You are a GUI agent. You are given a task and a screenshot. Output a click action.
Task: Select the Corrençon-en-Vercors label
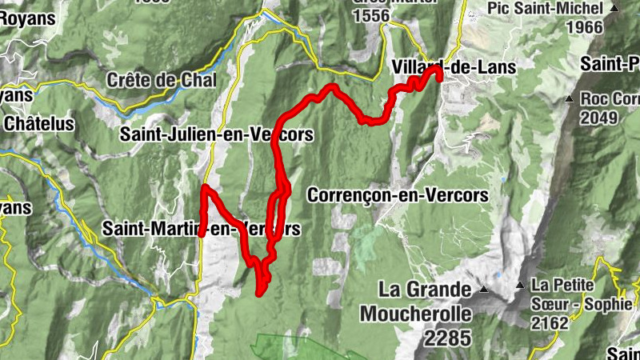click(398, 194)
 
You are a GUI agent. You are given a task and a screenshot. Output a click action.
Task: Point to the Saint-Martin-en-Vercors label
click(202, 230)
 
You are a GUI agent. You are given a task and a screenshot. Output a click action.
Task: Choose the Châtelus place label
click(38, 124)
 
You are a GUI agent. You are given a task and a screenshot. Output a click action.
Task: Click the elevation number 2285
click(448, 338)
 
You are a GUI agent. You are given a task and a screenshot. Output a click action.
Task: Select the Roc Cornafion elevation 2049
click(600, 118)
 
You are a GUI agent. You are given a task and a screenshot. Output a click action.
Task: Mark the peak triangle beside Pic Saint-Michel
click(614, 9)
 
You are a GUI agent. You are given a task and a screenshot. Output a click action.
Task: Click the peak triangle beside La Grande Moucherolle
click(484, 288)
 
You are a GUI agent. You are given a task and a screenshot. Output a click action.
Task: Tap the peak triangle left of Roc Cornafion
click(569, 99)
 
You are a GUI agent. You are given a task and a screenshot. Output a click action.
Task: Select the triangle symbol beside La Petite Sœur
click(521, 285)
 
